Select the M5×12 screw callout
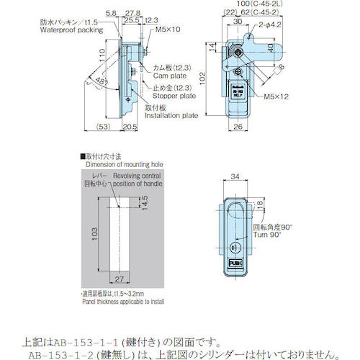(276, 94)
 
